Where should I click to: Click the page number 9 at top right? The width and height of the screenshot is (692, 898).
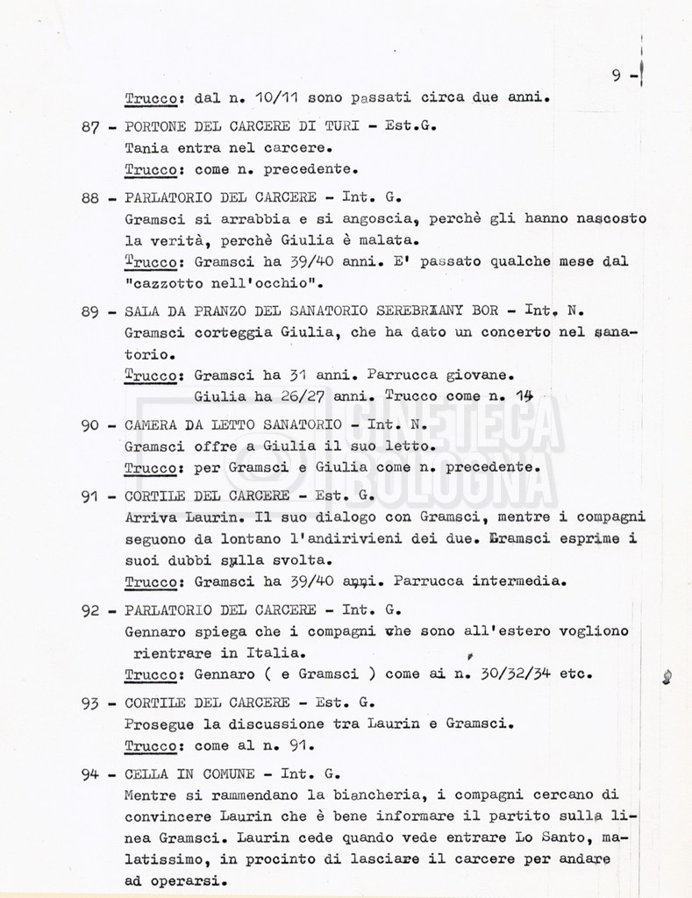617,75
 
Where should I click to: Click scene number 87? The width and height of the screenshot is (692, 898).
89,126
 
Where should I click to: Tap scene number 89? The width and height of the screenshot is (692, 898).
89,312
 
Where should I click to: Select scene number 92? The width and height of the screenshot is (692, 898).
89,611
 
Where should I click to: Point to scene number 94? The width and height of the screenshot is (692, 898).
89,774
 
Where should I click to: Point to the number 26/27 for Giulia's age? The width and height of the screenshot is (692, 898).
283,396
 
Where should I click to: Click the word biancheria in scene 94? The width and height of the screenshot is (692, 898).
349,797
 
